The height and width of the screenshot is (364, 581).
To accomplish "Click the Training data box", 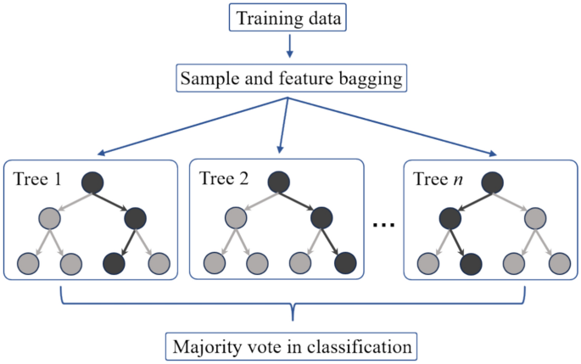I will pyautogui.click(x=290, y=18).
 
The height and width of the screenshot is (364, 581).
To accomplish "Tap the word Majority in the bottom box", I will pyautogui.click(x=203, y=346).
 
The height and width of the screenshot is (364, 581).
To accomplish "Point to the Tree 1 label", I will pyautogui.click(x=36, y=179).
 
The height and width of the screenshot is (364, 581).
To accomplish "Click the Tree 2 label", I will pyautogui.click(x=221, y=179).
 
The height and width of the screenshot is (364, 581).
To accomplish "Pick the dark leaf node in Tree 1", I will pyautogui.click(x=115, y=262).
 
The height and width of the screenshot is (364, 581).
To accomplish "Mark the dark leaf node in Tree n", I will pyautogui.click(x=472, y=262).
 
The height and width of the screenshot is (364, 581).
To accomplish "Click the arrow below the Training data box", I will pyautogui.click(x=290, y=47).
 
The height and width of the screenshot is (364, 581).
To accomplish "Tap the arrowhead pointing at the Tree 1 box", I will pyautogui.click(x=100, y=154).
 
